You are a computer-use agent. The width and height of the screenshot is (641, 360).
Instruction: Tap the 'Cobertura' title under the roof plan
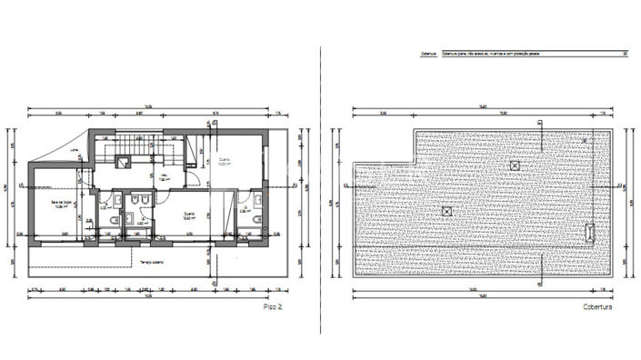click(x=597, y=308)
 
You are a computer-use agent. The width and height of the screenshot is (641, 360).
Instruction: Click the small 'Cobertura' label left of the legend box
click(x=428, y=53)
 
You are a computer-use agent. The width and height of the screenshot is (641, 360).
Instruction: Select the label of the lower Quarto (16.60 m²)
click(x=189, y=216)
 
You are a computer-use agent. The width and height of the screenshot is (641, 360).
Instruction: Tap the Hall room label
click(x=166, y=178)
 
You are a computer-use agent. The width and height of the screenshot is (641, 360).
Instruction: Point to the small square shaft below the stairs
click(x=124, y=165)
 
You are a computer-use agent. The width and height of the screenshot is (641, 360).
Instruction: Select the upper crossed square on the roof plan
click(x=516, y=165)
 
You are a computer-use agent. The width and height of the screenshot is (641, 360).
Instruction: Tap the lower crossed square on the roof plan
click(x=446, y=211)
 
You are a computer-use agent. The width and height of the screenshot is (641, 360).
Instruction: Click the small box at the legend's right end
click(x=625, y=53)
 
